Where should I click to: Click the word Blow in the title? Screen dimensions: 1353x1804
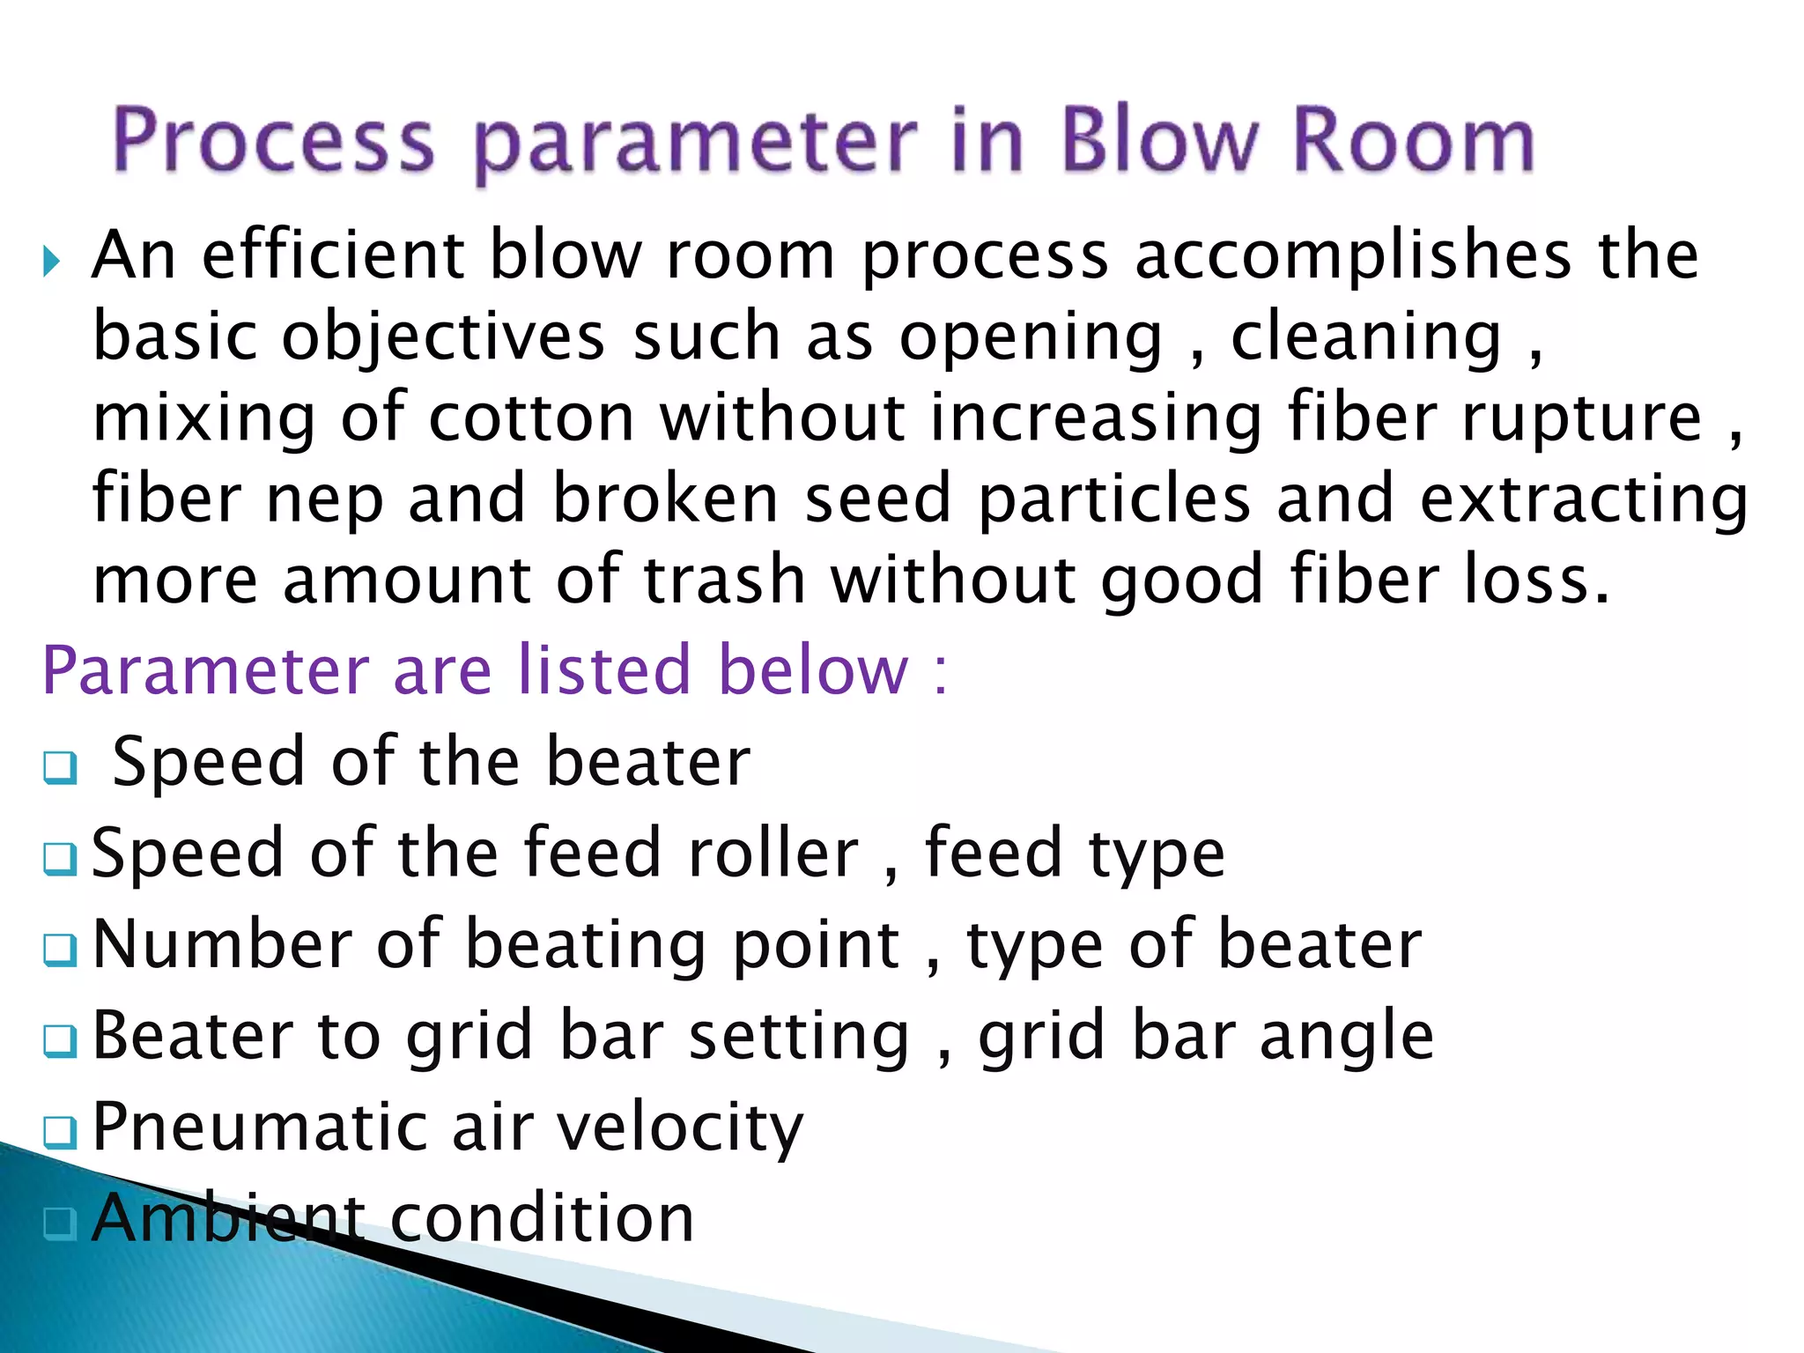[x=1162, y=141]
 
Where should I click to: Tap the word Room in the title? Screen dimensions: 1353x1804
[x=1414, y=141]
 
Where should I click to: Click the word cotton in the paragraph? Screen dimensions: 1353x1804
[x=531, y=418]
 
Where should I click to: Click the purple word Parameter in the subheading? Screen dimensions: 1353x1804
[x=205, y=671]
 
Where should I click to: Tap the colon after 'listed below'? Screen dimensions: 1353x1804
[x=940, y=674]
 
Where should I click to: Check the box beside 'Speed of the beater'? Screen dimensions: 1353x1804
[x=60, y=767]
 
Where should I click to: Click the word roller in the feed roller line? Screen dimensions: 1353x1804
[x=773, y=854]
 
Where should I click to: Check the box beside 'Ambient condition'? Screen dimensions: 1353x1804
[x=60, y=1223]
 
